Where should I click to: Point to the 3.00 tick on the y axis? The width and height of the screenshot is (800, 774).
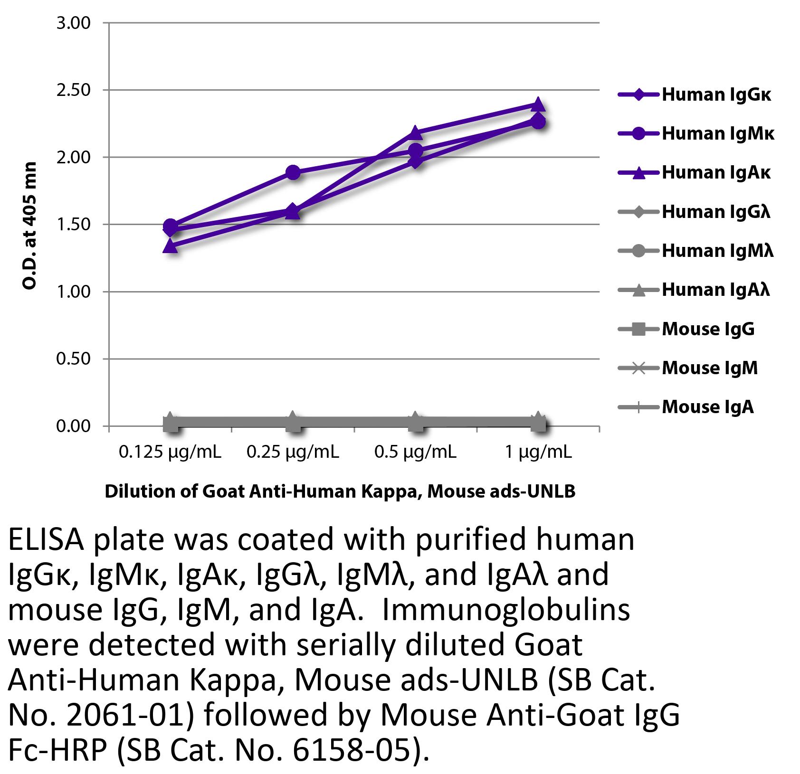73,23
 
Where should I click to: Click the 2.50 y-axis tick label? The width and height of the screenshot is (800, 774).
73,90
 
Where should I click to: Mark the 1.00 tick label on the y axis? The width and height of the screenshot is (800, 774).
73,292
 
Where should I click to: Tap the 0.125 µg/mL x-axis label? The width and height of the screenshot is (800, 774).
170,452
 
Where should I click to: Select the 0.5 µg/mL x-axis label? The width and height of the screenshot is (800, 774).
415,452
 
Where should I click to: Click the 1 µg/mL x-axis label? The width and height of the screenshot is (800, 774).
538,452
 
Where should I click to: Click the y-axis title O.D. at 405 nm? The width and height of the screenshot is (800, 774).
29,226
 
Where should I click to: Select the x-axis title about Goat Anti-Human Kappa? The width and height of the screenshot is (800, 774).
340,491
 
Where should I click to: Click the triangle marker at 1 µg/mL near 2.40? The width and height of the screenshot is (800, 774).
538,104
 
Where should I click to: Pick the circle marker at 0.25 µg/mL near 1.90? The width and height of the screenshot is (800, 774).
293,172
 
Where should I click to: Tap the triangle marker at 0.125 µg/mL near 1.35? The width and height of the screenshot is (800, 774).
171,246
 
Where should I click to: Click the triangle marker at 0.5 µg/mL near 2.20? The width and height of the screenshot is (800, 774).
415,132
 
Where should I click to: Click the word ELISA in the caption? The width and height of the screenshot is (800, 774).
47,540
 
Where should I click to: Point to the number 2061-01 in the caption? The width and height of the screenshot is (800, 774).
125,716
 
